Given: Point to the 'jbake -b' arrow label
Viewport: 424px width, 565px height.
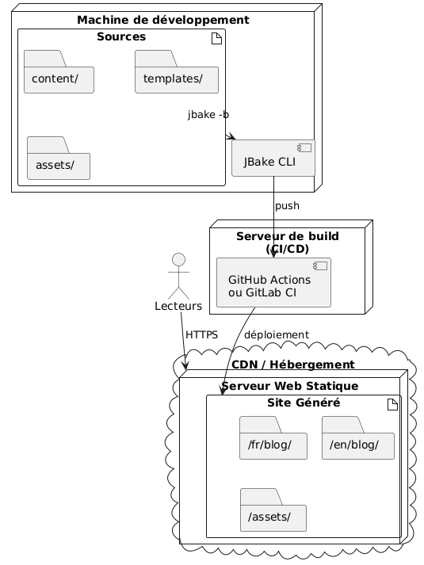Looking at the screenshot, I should [208, 116].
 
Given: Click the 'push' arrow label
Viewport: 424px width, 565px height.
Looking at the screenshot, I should [287, 206].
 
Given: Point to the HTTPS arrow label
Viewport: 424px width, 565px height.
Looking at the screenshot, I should [201, 335].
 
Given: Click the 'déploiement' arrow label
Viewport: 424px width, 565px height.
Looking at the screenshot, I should [277, 335].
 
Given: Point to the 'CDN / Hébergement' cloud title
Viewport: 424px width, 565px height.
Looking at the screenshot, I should [293, 365].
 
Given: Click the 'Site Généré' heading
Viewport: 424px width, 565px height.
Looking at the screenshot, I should [304, 403].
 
